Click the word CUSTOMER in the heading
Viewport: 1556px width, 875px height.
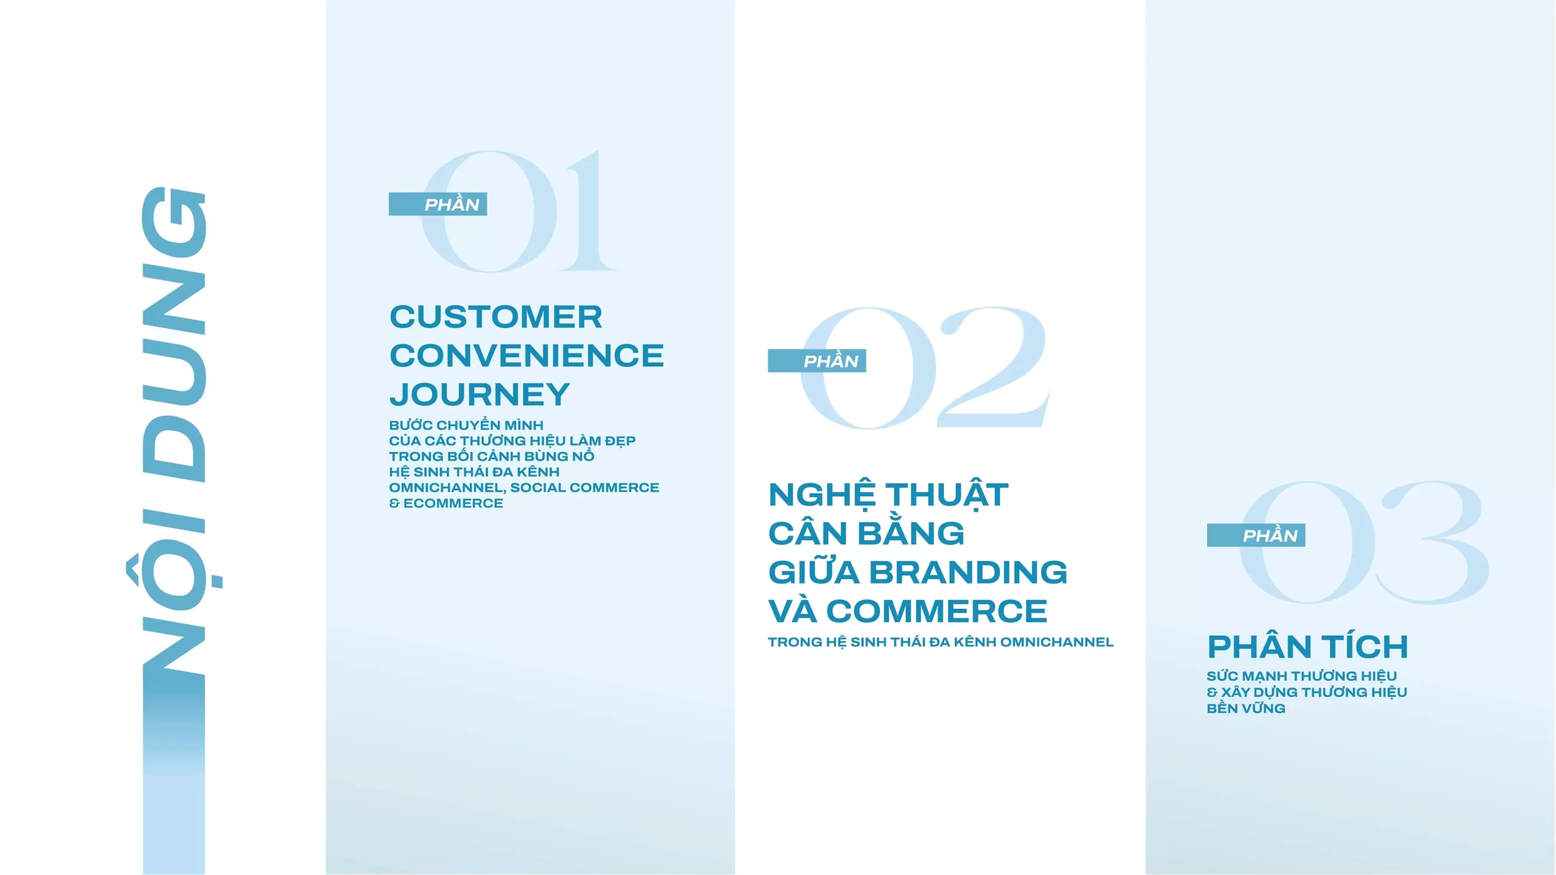tap(495, 317)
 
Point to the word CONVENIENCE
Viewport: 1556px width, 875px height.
tap(526, 356)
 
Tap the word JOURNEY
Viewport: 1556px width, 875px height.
tap(480, 394)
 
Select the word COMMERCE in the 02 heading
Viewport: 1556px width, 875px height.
tap(937, 611)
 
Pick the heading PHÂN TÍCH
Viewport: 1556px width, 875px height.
tap(1307, 647)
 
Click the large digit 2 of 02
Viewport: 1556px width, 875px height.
tap(993, 368)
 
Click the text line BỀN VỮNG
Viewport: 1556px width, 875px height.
tap(1245, 709)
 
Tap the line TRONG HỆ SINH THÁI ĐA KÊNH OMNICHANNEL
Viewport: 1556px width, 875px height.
tap(940, 642)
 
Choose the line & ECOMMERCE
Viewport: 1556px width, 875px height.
tap(446, 504)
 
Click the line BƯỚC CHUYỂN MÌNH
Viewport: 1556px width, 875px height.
tap(466, 425)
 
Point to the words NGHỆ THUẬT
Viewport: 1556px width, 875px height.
tap(888, 495)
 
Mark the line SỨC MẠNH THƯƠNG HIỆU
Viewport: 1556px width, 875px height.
tap(1301, 676)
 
